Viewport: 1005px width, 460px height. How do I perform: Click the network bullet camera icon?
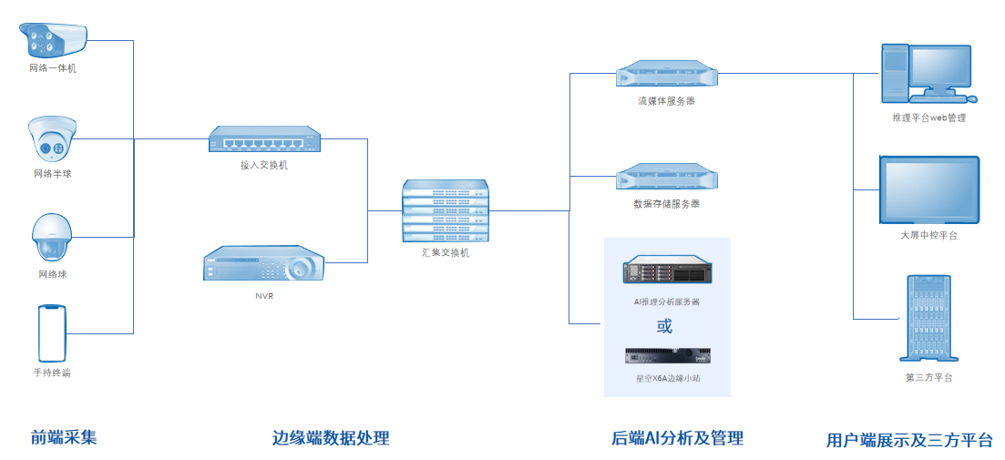click(52, 39)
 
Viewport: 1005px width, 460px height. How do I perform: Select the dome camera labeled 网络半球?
click(51, 139)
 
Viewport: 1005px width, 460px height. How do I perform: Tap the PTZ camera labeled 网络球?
click(52, 239)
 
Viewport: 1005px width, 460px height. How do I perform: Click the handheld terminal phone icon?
click(52, 332)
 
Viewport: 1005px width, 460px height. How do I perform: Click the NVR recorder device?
click(263, 264)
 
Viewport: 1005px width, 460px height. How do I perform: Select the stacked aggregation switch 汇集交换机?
click(445, 212)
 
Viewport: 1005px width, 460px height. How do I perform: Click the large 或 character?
click(665, 325)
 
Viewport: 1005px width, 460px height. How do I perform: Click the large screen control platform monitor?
click(928, 190)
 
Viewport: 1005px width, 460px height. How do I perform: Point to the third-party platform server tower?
click(928, 319)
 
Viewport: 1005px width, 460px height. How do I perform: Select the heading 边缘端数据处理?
click(331, 438)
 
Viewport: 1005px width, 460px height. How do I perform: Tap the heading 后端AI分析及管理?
click(677, 438)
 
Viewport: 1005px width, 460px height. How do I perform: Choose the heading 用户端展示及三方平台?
click(909, 440)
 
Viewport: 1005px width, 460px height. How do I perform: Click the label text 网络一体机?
click(52, 68)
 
